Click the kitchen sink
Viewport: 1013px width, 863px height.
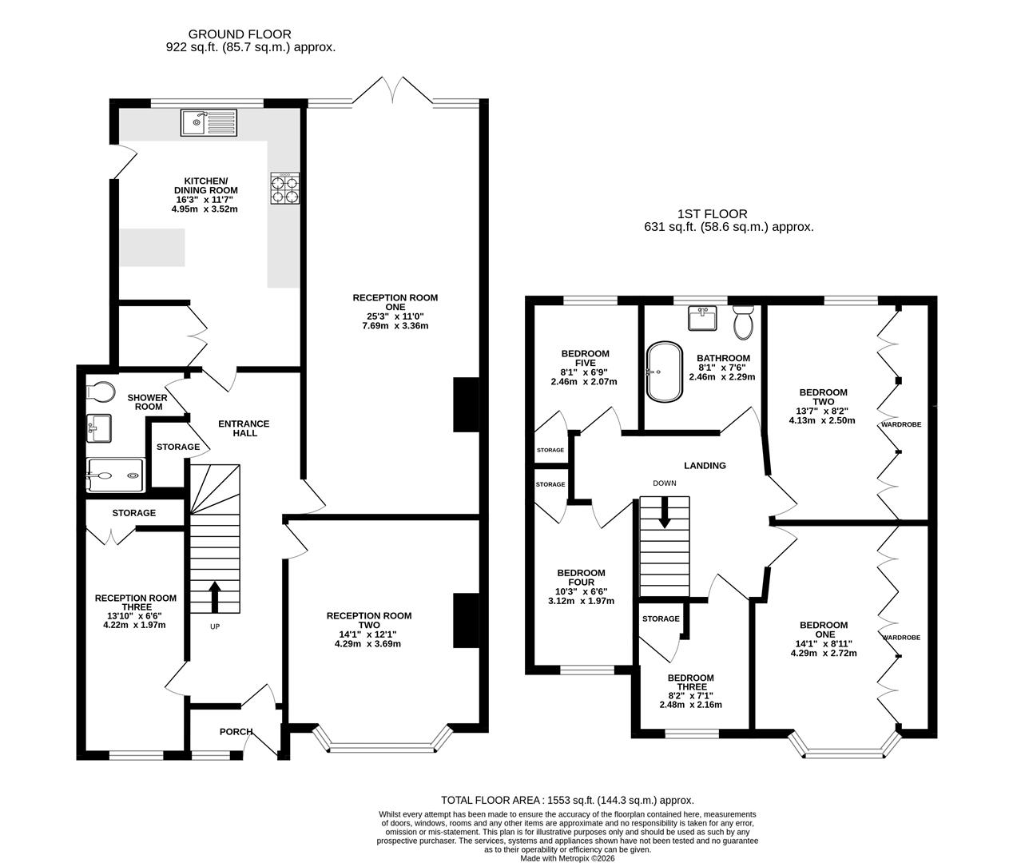pos(209,122)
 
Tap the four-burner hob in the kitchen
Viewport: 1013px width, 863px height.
pos(284,188)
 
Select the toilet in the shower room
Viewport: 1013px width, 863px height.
pos(101,392)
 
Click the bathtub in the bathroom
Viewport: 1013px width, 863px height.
pos(665,372)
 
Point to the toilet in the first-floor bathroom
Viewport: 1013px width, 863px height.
pos(744,323)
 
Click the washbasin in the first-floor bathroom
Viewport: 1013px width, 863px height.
pos(702,318)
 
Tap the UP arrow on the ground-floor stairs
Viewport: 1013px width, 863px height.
pos(215,597)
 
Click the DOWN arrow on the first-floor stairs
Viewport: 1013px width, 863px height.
pos(665,512)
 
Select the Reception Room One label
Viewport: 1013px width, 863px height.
pos(395,302)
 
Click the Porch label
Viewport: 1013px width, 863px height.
pos(236,732)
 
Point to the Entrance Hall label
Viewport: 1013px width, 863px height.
pos(244,428)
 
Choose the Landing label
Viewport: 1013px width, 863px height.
pos(705,465)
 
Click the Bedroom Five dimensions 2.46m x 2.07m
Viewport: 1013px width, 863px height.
pos(584,381)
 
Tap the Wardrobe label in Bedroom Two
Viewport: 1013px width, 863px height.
pos(901,424)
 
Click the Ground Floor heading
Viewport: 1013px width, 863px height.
pos(240,34)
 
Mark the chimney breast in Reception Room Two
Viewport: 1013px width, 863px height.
pos(466,621)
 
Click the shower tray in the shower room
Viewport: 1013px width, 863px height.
pos(115,475)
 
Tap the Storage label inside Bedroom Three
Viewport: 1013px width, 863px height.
pos(661,618)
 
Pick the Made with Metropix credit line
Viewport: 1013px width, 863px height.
pos(567,858)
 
